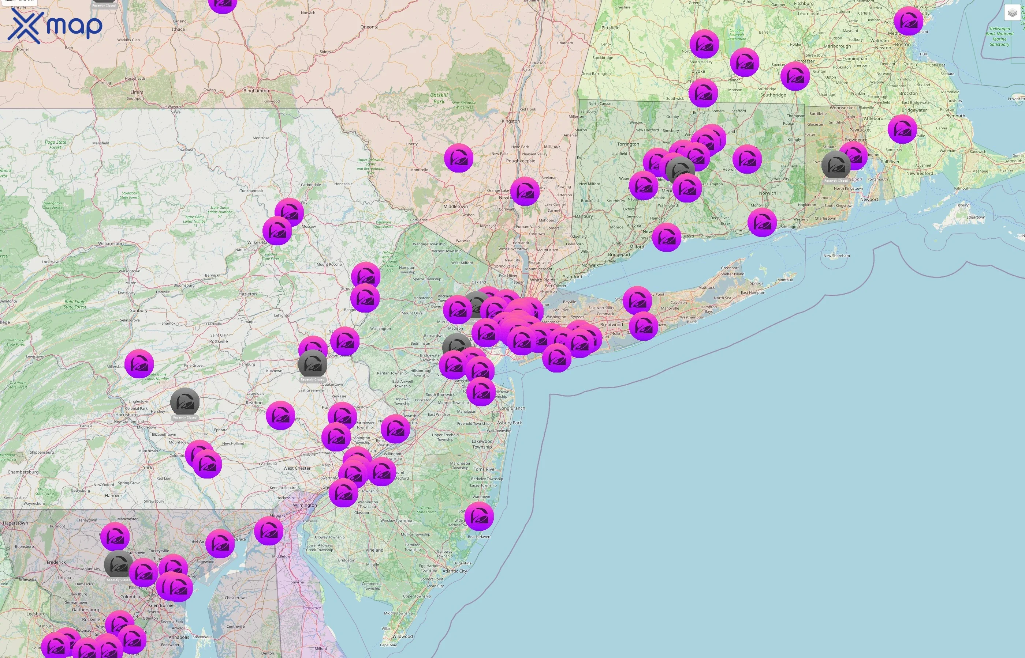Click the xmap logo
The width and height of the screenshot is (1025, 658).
coord(55,26)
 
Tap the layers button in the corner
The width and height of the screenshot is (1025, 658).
coord(1012,13)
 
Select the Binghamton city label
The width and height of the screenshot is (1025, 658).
coord(256,91)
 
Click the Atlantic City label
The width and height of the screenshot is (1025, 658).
coord(455,571)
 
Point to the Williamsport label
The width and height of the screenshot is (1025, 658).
coord(111,243)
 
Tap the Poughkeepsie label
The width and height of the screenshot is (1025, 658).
coord(520,161)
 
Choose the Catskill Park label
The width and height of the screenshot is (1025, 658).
coord(439,98)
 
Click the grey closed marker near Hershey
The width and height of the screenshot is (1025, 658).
coord(185,402)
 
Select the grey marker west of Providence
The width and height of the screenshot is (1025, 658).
coord(835,165)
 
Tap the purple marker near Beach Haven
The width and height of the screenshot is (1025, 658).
coord(479,516)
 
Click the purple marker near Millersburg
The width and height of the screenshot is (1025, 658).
coord(139,364)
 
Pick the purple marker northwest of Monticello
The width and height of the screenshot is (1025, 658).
coord(459,158)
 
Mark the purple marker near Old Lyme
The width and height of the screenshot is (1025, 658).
coord(762,222)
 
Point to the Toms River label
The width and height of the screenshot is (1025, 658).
coord(485,469)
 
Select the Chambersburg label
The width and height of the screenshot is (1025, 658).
coord(23,472)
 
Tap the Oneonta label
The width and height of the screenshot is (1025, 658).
coord(369,27)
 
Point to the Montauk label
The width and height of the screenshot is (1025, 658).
coord(785,280)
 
